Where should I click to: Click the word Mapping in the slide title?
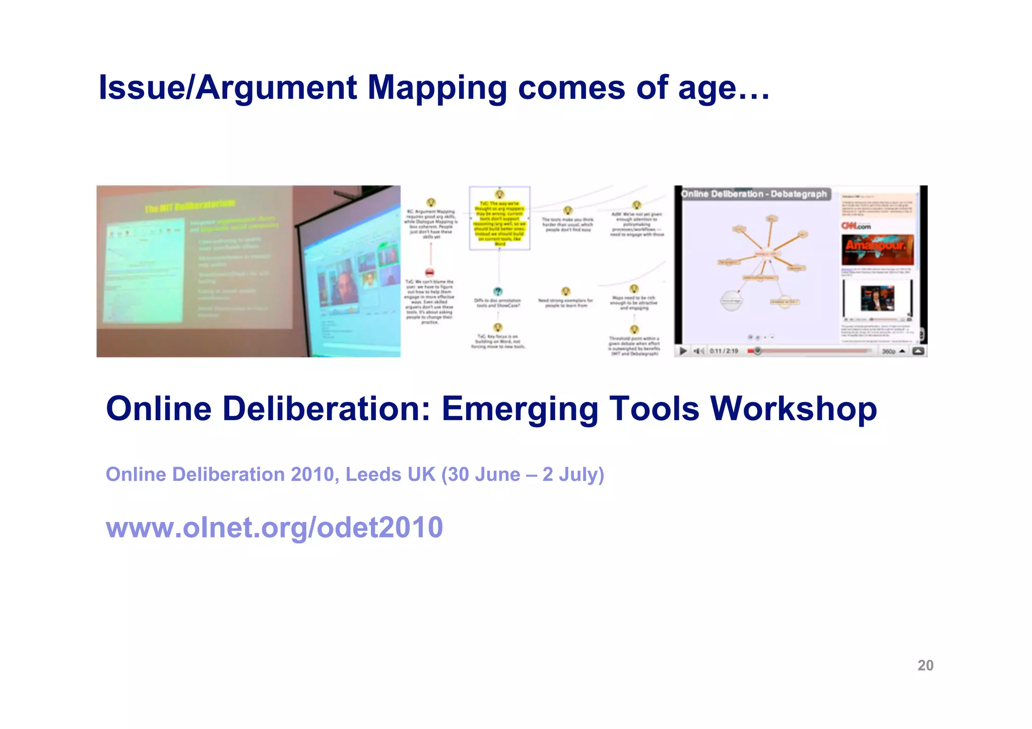[x=437, y=88]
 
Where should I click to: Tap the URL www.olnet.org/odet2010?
[x=274, y=527]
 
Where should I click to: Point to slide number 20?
[x=925, y=666]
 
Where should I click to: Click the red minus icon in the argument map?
[x=430, y=272]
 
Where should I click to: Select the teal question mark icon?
[x=497, y=291]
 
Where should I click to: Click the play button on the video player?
[x=683, y=351]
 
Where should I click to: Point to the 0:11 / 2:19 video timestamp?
[x=724, y=351]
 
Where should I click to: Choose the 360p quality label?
[x=889, y=351]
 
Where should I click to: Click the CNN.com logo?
[x=856, y=226]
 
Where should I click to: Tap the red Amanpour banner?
[x=877, y=249]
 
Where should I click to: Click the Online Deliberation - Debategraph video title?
[x=753, y=194]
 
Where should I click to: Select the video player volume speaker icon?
[x=698, y=351]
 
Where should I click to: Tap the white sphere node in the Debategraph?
[x=731, y=300]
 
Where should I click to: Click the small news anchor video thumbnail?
[x=877, y=298]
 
